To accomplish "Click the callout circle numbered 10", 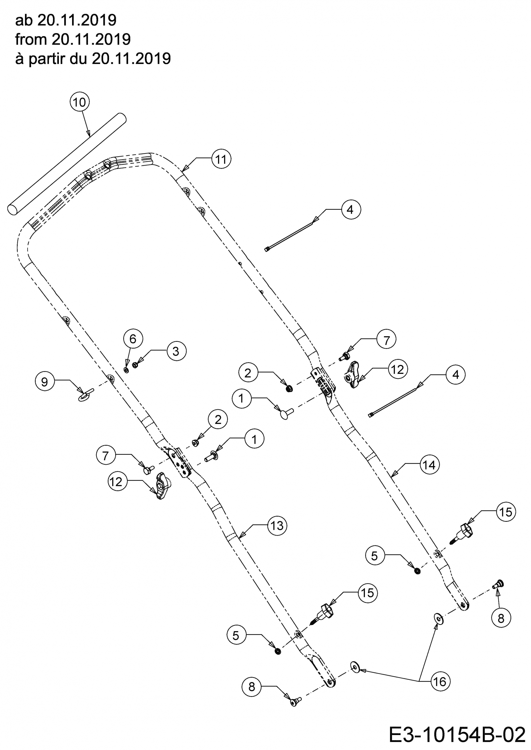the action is tap(80, 102).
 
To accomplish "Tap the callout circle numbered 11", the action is tap(221, 159).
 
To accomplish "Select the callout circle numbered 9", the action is tap(44, 382).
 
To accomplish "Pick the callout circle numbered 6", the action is tap(133, 339).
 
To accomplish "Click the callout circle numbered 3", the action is tap(176, 351).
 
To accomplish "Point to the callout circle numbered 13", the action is tap(277, 526).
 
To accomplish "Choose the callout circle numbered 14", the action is tap(429, 465).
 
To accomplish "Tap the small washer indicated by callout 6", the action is tap(126, 370).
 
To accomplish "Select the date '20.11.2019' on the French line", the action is tap(131, 59).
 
